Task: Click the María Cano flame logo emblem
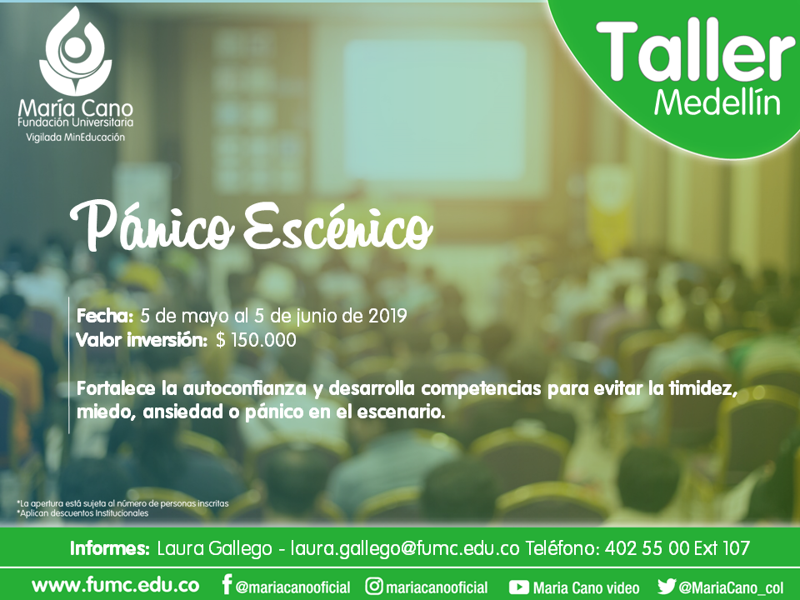(75, 51)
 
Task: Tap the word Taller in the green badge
(696, 52)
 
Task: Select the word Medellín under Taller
(717, 103)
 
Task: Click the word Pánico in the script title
(152, 226)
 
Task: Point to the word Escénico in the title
(337, 226)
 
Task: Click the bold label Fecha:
(105, 316)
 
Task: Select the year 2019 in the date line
(387, 316)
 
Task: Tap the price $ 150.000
(256, 340)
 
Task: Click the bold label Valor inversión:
(142, 340)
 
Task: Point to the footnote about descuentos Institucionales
(82, 513)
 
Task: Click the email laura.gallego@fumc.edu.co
(405, 548)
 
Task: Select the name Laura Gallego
(214, 548)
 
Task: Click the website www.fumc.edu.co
(115, 586)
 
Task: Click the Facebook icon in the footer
(227, 585)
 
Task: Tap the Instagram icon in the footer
(374, 586)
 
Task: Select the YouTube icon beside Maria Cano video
(519, 587)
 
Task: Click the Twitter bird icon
(667, 586)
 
